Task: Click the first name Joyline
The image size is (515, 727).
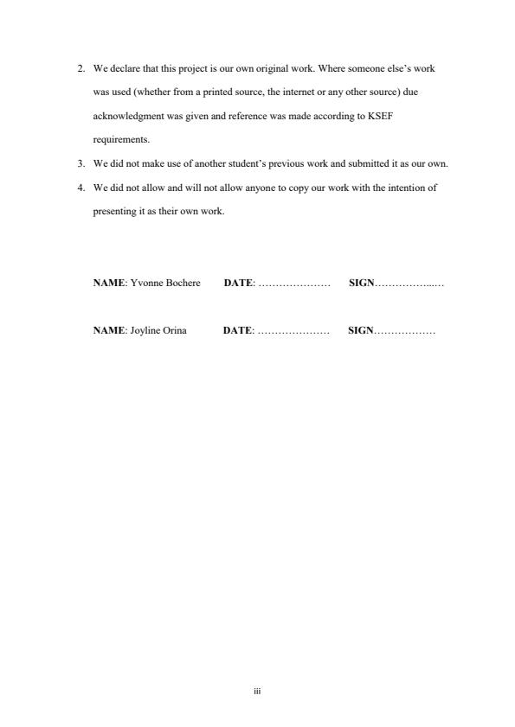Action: pyautogui.click(x=145, y=331)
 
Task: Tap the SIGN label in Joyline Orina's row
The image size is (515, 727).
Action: pyautogui.click(x=360, y=331)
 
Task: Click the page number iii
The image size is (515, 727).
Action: pyautogui.click(x=257, y=692)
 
